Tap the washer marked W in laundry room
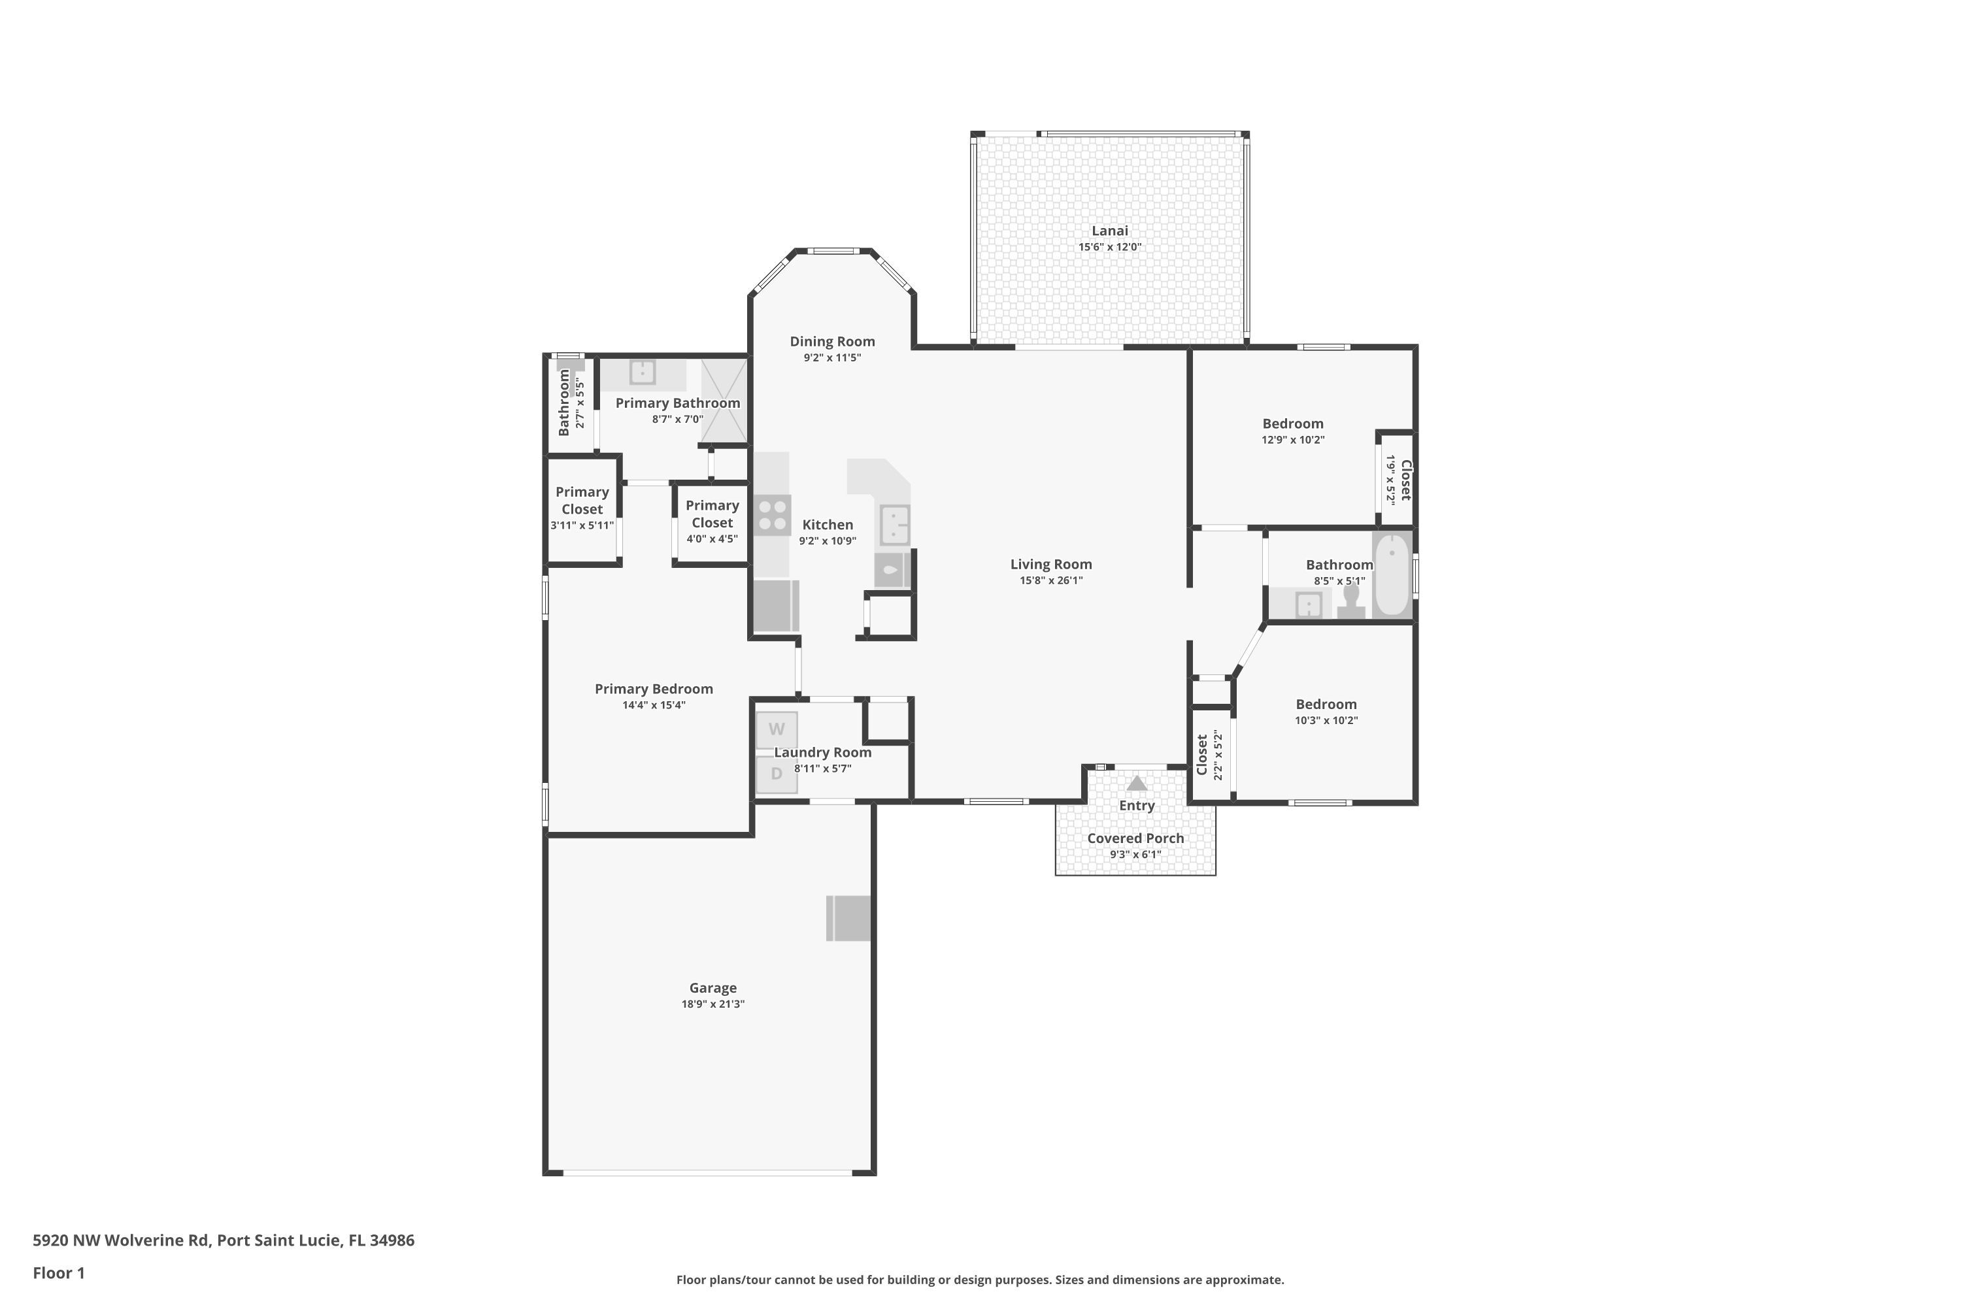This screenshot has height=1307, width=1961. pos(777,729)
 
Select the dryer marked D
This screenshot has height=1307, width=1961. pos(777,774)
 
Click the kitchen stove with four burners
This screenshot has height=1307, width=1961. pos(773,515)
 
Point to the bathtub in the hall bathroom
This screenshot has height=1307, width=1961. pos(1391,575)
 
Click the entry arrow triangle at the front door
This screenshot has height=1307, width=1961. pos(1137,784)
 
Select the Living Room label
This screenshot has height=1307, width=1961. pos(1050,565)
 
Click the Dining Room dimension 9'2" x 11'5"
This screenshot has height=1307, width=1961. pos(832,357)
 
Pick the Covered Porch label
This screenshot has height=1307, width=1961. pos(1135,838)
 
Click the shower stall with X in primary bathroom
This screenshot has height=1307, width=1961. pos(723,400)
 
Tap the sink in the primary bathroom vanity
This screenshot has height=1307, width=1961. pos(642,372)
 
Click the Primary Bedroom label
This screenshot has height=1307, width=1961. pos(653,689)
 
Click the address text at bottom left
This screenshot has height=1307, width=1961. pos(224,1240)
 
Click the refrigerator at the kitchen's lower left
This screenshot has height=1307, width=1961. pos(775,606)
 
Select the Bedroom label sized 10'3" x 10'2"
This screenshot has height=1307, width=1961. pos(1325,704)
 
